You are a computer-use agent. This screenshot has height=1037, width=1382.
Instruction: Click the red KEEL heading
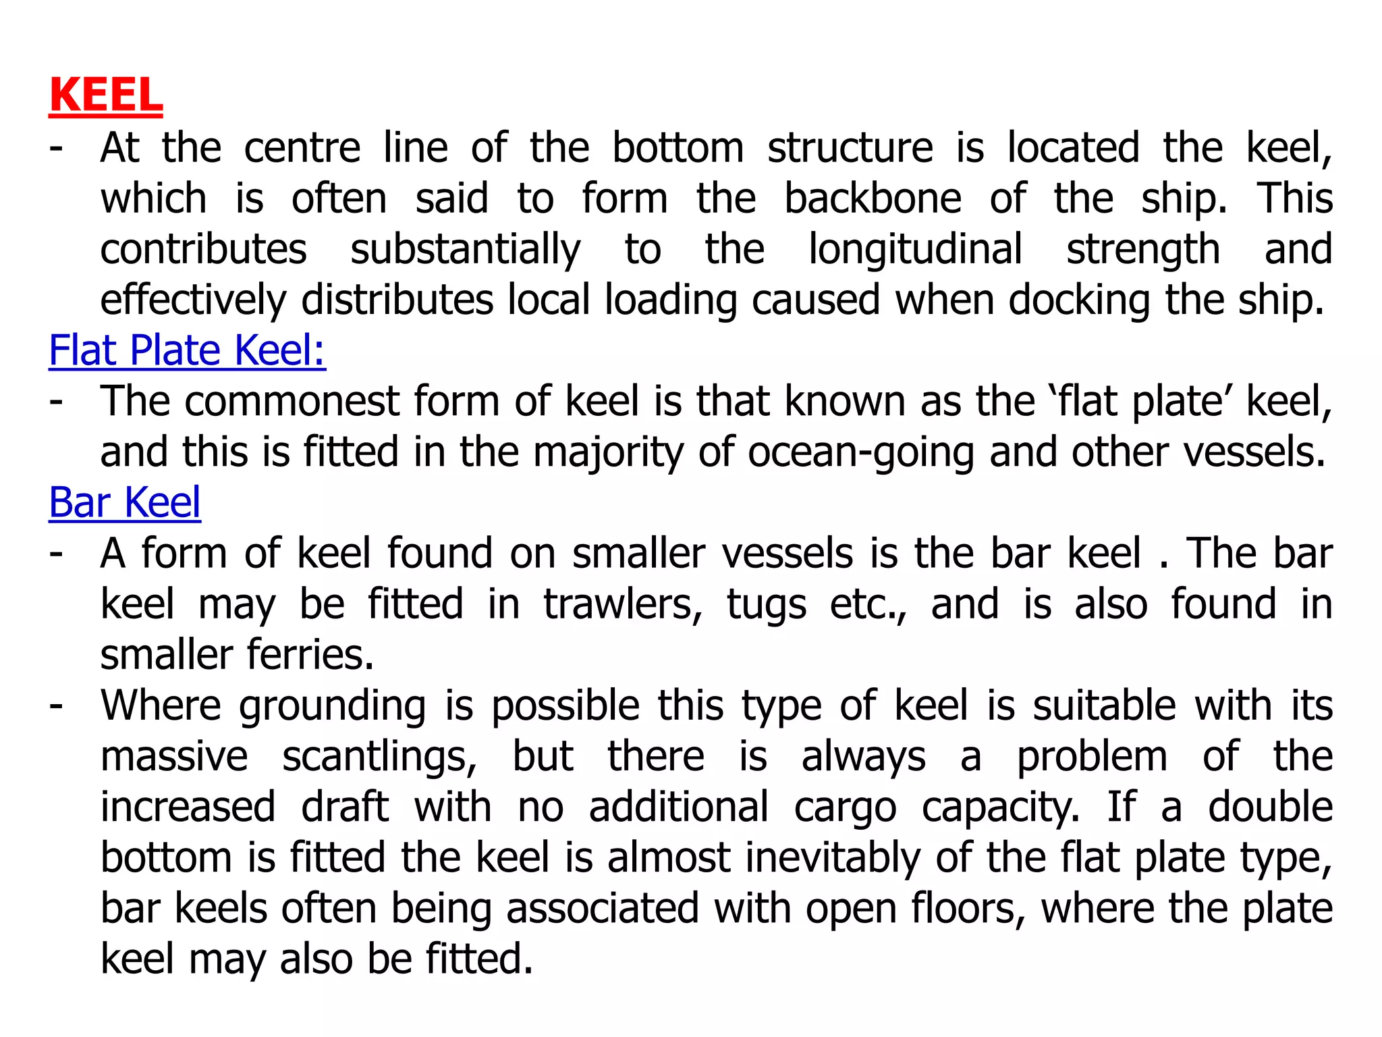(x=106, y=96)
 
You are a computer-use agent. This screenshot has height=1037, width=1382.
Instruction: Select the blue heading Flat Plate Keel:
(x=187, y=350)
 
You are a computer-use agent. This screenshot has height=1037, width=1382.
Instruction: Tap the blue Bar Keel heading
(x=125, y=502)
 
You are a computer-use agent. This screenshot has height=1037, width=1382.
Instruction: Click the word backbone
(x=873, y=198)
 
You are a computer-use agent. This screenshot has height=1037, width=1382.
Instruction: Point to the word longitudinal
(x=915, y=249)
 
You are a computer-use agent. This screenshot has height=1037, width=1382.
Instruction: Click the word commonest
(x=292, y=401)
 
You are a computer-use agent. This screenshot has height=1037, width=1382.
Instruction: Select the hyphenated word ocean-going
(x=860, y=452)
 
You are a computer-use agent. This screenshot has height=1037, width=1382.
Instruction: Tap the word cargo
(x=845, y=808)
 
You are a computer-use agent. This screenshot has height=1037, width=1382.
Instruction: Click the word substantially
(x=465, y=250)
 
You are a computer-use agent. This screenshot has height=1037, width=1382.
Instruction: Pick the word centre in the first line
(x=302, y=148)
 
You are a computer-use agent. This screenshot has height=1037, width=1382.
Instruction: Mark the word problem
(x=1092, y=757)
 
